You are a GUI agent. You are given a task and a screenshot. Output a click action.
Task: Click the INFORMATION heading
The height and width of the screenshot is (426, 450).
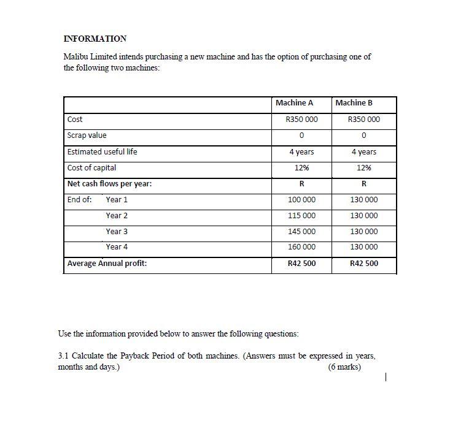pyautogui.click(x=95, y=39)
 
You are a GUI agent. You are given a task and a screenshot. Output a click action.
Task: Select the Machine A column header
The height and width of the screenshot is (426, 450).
pyautogui.click(x=294, y=103)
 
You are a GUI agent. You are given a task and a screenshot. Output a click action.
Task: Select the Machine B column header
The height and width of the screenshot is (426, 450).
pyautogui.click(x=354, y=103)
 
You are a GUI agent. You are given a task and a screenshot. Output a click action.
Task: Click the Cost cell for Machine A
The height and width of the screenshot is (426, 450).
pyautogui.click(x=301, y=120)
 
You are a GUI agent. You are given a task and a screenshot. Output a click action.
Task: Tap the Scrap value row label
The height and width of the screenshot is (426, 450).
pyautogui.click(x=87, y=135)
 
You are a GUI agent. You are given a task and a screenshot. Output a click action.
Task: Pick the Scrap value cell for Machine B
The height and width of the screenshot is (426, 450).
pyautogui.click(x=363, y=135)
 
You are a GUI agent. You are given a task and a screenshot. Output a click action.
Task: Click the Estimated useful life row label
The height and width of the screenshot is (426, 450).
pyautogui.click(x=102, y=151)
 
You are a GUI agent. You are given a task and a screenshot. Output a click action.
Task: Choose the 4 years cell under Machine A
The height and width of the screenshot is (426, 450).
pyautogui.click(x=301, y=151)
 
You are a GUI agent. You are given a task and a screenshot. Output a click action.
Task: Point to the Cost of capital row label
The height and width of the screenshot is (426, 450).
pyautogui.click(x=91, y=167)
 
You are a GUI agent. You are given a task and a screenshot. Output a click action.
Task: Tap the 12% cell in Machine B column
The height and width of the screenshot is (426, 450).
pyautogui.click(x=363, y=167)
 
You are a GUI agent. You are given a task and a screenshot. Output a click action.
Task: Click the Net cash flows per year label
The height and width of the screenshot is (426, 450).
pyautogui.click(x=110, y=184)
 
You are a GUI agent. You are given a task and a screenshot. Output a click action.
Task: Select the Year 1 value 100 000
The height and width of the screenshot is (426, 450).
pyautogui.click(x=301, y=200)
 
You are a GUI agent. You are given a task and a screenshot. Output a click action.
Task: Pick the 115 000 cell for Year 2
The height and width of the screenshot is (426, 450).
pyautogui.click(x=301, y=216)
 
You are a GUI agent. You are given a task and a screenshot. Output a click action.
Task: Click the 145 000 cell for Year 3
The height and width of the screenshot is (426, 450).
pyautogui.click(x=301, y=232)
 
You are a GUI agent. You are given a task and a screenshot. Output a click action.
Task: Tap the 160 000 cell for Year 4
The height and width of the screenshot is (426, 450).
pyautogui.click(x=301, y=247)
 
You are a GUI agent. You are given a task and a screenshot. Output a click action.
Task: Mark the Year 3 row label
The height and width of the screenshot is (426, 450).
pyautogui.click(x=117, y=232)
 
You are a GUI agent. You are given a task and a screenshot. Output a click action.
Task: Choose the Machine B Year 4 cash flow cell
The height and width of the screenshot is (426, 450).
pyautogui.click(x=363, y=247)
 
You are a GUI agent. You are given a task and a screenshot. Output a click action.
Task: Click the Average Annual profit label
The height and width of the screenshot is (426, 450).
pyautogui.click(x=107, y=264)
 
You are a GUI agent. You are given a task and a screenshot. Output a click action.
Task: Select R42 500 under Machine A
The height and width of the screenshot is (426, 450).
pyautogui.click(x=301, y=264)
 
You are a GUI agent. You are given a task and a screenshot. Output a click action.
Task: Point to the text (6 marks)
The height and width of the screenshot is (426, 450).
pyautogui.click(x=344, y=367)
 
